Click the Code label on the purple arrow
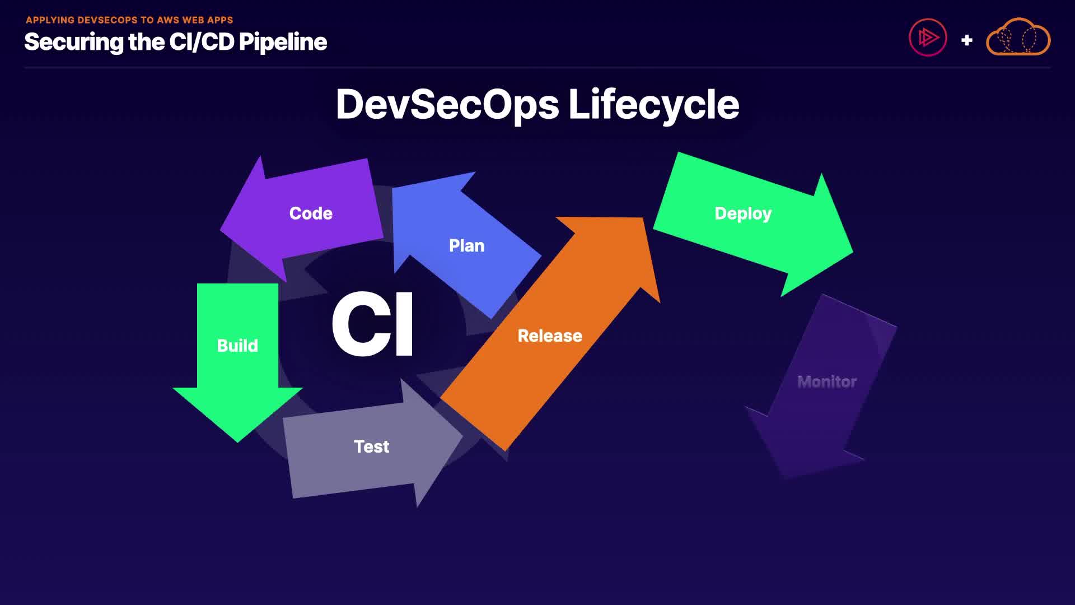(311, 213)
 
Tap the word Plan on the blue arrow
(466, 246)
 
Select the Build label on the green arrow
(237, 346)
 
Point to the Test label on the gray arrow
(371, 446)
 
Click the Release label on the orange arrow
(550, 336)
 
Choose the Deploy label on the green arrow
(743, 213)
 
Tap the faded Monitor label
(827, 382)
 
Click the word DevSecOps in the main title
(447, 105)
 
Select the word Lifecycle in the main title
(653, 105)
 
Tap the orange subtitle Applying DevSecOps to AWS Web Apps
(129, 20)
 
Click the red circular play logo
(928, 38)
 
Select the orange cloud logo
(1018, 38)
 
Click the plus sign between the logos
(966, 40)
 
